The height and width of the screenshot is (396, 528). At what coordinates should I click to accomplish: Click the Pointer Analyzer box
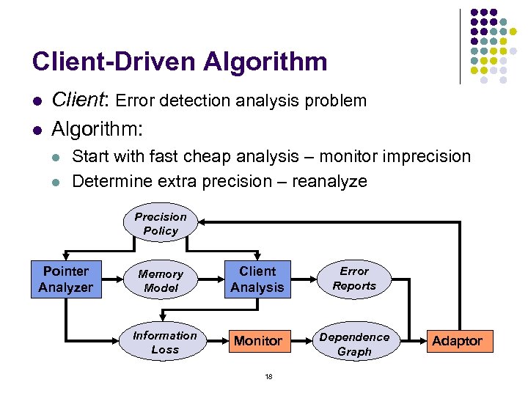(x=66, y=279)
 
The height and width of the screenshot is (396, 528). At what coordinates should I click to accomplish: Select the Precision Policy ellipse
(x=161, y=224)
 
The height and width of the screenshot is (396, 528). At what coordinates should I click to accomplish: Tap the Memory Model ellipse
(x=161, y=280)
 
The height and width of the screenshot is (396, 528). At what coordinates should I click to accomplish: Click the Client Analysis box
(x=257, y=279)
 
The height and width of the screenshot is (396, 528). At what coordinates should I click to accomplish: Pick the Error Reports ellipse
(x=354, y=279)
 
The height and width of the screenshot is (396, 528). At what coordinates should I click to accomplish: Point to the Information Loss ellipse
(x=164, y=342)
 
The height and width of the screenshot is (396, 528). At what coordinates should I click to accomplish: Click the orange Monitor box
(x=257, y=341)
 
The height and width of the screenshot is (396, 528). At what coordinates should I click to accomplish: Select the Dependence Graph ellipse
(x=354, y=344)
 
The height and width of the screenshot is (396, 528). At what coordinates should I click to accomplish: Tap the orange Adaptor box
(x=457, y=341)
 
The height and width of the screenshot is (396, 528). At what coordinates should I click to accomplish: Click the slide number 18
(x=268, y=376)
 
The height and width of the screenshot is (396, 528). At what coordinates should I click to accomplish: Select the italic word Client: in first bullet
(x=82, y=100)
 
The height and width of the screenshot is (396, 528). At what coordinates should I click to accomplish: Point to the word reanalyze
(x=329, y=181)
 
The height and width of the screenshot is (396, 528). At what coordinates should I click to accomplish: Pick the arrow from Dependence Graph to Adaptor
(x=408, y=341)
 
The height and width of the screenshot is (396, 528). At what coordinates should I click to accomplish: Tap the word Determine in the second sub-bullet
(x=107, y=181)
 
